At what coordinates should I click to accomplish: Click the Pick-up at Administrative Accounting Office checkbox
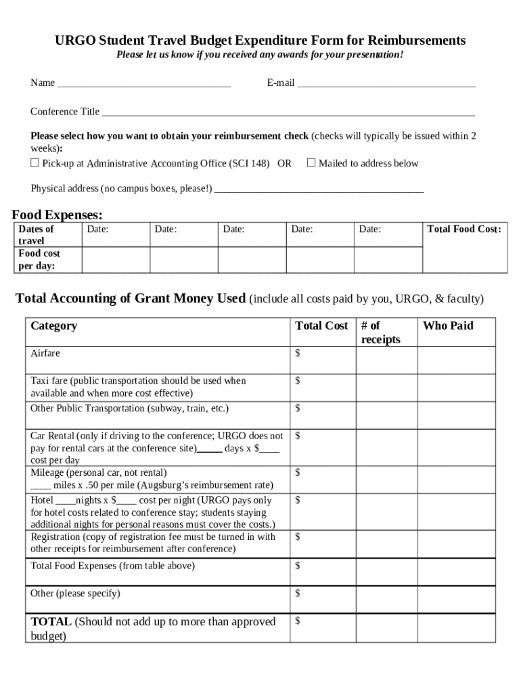35,163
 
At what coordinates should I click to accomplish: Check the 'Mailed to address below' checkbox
311,162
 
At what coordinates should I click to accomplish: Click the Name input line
144,84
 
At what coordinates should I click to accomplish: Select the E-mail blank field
386,84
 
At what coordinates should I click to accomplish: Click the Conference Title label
65,112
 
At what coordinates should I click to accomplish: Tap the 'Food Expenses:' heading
58,215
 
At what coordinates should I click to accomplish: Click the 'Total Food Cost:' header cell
464,229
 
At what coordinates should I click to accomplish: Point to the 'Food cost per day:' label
39,259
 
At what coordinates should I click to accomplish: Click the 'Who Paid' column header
448,326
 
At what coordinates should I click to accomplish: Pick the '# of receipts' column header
380,332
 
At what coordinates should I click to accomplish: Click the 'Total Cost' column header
321,326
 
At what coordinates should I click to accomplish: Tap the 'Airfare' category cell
45,353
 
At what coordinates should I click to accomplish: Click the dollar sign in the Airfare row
298,353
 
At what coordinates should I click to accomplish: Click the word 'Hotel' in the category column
42,500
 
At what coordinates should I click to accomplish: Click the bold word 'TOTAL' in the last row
51,621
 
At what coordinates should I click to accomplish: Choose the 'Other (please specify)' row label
75,594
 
